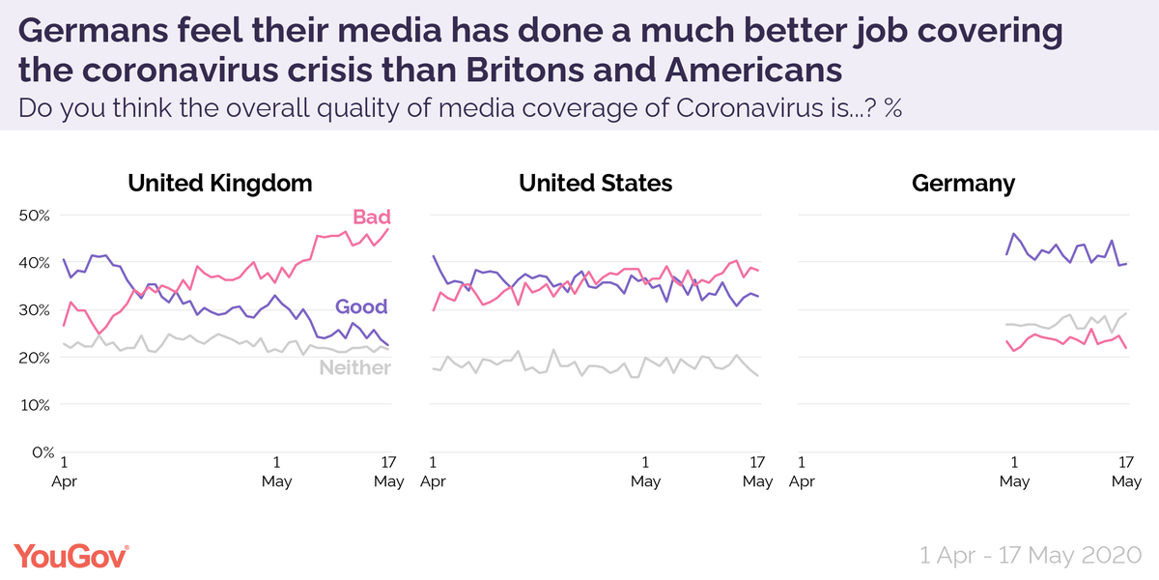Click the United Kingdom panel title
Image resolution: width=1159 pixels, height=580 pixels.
[220, 183]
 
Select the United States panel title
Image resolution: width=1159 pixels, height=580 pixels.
[595, 183]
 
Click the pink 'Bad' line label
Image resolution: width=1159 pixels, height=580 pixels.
[371, 217]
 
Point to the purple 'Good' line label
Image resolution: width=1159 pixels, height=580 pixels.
[361, 307]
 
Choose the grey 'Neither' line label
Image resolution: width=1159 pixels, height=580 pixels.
[354, 367]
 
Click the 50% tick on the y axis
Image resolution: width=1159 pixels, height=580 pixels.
[36, 215]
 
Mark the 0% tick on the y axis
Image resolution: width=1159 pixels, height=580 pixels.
[40, 451]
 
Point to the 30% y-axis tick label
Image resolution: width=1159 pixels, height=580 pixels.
[36, 309]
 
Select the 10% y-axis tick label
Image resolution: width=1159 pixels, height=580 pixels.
[36, 404]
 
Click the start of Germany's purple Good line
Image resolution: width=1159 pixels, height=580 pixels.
[1006, 254]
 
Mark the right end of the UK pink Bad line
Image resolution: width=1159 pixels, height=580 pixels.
[388, 229]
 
